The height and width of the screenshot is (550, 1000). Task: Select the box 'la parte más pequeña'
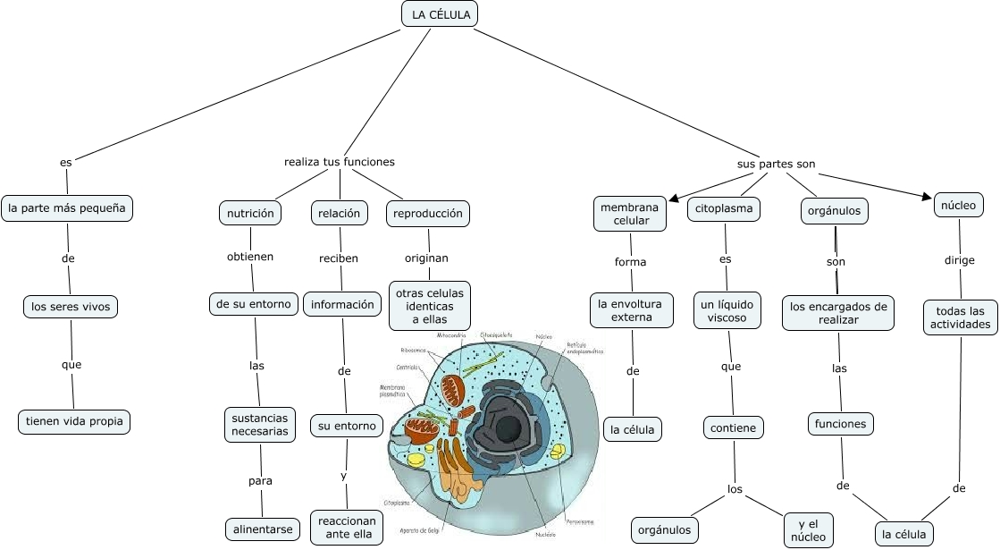pos(68,209)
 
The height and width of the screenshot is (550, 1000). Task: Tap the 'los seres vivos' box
pos(70,308)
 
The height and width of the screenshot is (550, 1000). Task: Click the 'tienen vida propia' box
pos(74,421)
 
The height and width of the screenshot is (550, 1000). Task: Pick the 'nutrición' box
pos(250,214)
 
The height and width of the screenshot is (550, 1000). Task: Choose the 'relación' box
pos(340,214)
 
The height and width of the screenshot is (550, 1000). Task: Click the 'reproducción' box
pos(428,214)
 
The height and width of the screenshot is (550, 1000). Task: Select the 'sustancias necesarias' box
pos(260,425)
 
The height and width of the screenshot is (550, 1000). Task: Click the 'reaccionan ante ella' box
pos(347,528)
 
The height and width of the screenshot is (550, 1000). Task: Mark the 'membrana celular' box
pos(629,214)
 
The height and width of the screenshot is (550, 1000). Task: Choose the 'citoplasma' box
pos(724,210)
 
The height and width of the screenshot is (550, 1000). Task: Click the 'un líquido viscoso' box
pos(727,311)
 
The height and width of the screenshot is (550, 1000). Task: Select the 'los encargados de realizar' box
pos(838,313)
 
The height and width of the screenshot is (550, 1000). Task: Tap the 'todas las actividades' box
pos(960,317)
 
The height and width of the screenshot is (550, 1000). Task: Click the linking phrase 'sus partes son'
pos(776,165)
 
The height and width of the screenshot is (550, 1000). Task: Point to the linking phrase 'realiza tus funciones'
pos(340,162)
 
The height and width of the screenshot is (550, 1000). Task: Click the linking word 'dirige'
pos(959,261)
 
